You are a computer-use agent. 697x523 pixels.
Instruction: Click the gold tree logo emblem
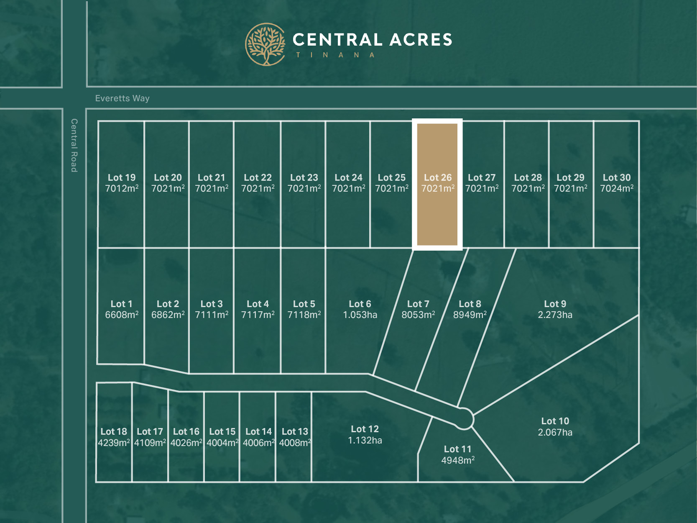(x=265, y=44)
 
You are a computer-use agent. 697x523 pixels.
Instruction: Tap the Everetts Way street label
(x=122, y=98)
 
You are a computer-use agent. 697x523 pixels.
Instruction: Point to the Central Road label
(x=74, y=145)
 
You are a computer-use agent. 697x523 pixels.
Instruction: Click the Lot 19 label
(x=122, y=177)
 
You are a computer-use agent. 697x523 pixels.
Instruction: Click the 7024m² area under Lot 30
(x=617, y=189)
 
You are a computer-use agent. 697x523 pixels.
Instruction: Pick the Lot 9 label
(x=555, y=304)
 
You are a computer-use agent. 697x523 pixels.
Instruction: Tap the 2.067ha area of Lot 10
(x=555, y=433)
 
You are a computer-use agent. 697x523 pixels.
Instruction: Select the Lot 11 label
(x=457, y=449)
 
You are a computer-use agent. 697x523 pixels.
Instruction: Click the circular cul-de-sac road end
(x=464, y=418)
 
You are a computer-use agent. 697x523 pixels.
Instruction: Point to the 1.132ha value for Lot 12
(x=365, y=441)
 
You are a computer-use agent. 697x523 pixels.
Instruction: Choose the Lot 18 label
(x=114, y=432)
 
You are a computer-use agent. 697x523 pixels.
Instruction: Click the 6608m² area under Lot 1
(x=122, y=315)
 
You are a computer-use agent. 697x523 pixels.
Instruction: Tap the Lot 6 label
(x=360, y=304)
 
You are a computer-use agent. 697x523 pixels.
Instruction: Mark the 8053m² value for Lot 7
(x=418, y=315)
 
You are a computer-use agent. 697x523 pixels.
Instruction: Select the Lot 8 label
(x=470, y=304)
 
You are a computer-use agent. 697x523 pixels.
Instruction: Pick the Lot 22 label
(x=258, y=177)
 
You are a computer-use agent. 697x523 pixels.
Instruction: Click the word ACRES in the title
(x=421, y=40)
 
